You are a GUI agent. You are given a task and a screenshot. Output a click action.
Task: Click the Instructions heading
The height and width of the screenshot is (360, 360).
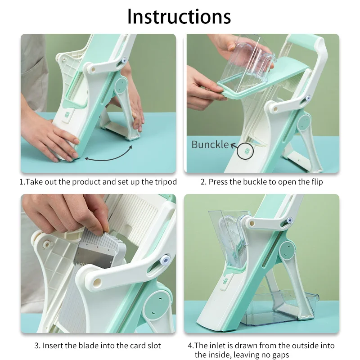pyautogui.click(x=179, y=17)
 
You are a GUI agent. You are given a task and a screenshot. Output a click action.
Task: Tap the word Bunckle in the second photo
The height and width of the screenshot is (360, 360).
pyautogui.click(x=210, y=144)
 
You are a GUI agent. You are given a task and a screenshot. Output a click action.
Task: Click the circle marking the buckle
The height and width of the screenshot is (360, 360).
pyautogui.click(x=245, y=151)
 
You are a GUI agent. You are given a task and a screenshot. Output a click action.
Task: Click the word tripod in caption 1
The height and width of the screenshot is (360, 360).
pyautogui.click(x=166, y=182)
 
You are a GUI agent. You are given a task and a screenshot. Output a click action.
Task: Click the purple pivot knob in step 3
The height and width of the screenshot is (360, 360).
pyautogui.click(x=165, y=260)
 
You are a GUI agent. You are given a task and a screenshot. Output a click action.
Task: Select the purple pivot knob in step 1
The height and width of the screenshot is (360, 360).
pyautogui.click(x=124, y=61)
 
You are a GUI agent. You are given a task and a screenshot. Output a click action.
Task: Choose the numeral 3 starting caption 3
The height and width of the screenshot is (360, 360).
pyautogui.click(x=36, y=346)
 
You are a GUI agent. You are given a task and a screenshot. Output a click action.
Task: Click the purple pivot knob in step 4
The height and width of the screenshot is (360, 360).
pyautogui.click(x=290, y=220)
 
